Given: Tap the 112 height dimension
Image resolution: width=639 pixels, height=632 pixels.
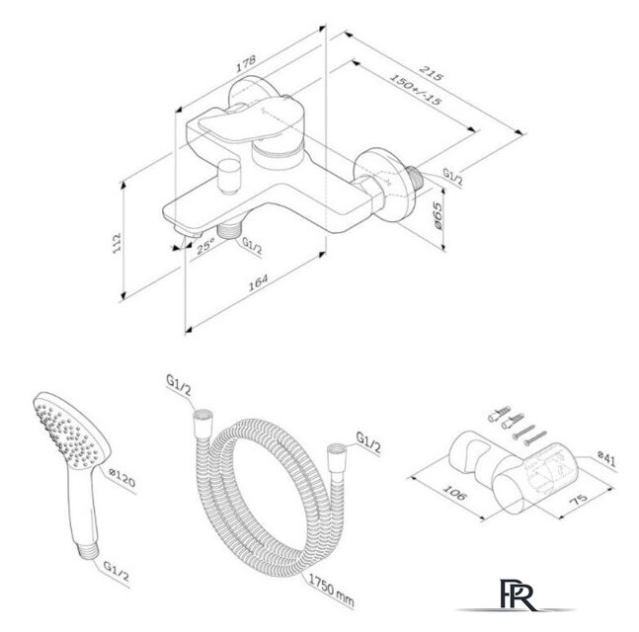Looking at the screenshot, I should tap(118, 240).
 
